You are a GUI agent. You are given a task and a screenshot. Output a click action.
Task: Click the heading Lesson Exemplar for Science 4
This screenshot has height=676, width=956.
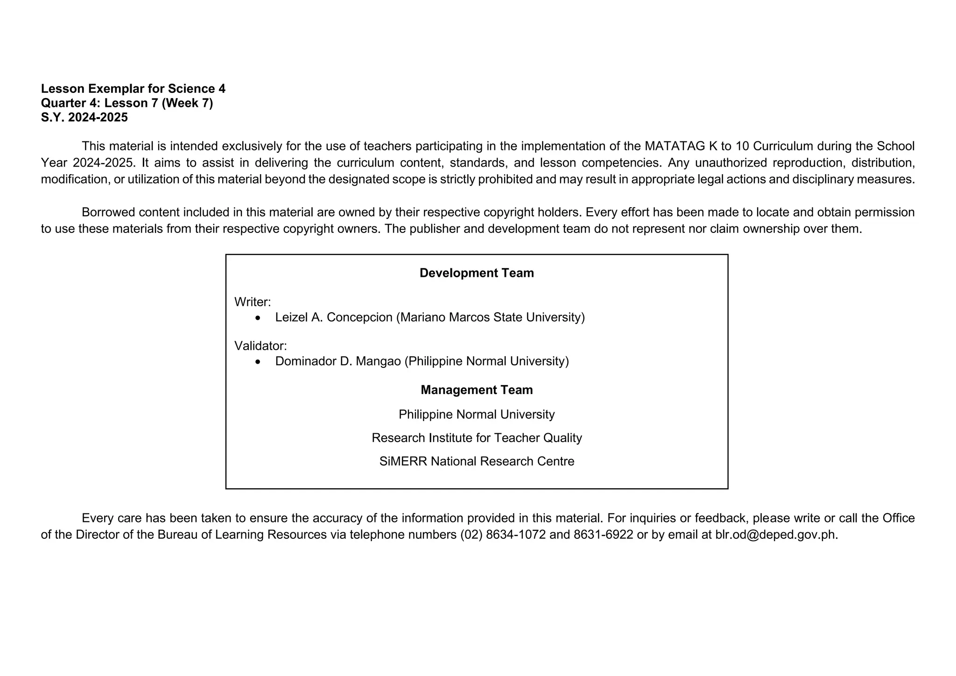click(x=133, y=89)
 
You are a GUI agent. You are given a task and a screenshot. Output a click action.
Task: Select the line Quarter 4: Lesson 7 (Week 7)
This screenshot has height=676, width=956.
click(x=127, y=103)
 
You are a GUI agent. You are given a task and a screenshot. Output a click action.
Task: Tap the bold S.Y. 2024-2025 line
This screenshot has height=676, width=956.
click(x=84, y=118)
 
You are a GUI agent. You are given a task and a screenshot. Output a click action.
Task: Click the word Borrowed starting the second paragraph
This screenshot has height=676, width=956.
click(x=108, y=212)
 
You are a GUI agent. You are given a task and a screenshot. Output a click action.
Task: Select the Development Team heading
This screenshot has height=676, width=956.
click(x=477, y=273)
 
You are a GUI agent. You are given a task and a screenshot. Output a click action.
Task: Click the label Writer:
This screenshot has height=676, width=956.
click(x=253, y=302)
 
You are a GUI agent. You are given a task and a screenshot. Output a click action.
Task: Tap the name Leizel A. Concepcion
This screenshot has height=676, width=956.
click(x=334, y=317)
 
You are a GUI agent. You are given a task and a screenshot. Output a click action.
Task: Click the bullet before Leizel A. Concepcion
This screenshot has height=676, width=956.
click(x=258, y=318)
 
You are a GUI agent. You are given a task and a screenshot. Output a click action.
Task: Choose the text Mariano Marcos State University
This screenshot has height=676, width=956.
click(x=490, y=317)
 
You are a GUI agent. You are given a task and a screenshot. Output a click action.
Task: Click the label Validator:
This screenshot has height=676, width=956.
click(x=260, y=346)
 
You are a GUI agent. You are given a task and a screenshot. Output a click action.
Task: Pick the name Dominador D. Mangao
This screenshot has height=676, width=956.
click(x=338, y=361)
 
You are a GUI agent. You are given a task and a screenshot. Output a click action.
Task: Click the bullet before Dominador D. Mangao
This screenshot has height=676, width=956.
click(x=258, y=362)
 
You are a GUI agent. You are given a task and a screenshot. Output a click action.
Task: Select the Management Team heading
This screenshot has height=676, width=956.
click(x=477, y=390)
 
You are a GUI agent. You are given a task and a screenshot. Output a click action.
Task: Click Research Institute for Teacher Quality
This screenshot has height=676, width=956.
click(x=477, y=438)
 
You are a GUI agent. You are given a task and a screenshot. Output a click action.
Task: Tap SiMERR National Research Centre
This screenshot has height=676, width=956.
click(x=477, y=461)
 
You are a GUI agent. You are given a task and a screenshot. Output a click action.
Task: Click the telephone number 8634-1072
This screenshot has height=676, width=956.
click(x=516, y=535)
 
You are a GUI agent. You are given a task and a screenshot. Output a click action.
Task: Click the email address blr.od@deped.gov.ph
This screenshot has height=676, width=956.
click(x=776, y=535)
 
